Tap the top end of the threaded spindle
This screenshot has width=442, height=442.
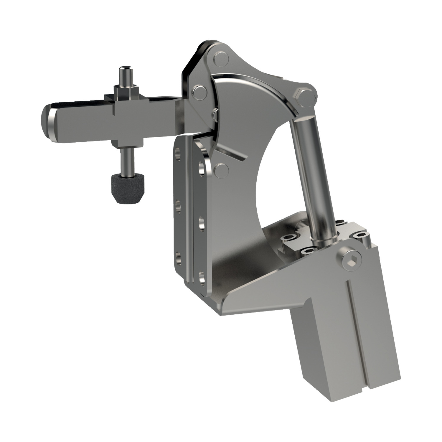(124, 71)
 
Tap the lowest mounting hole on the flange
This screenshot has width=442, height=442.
(202, 278)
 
